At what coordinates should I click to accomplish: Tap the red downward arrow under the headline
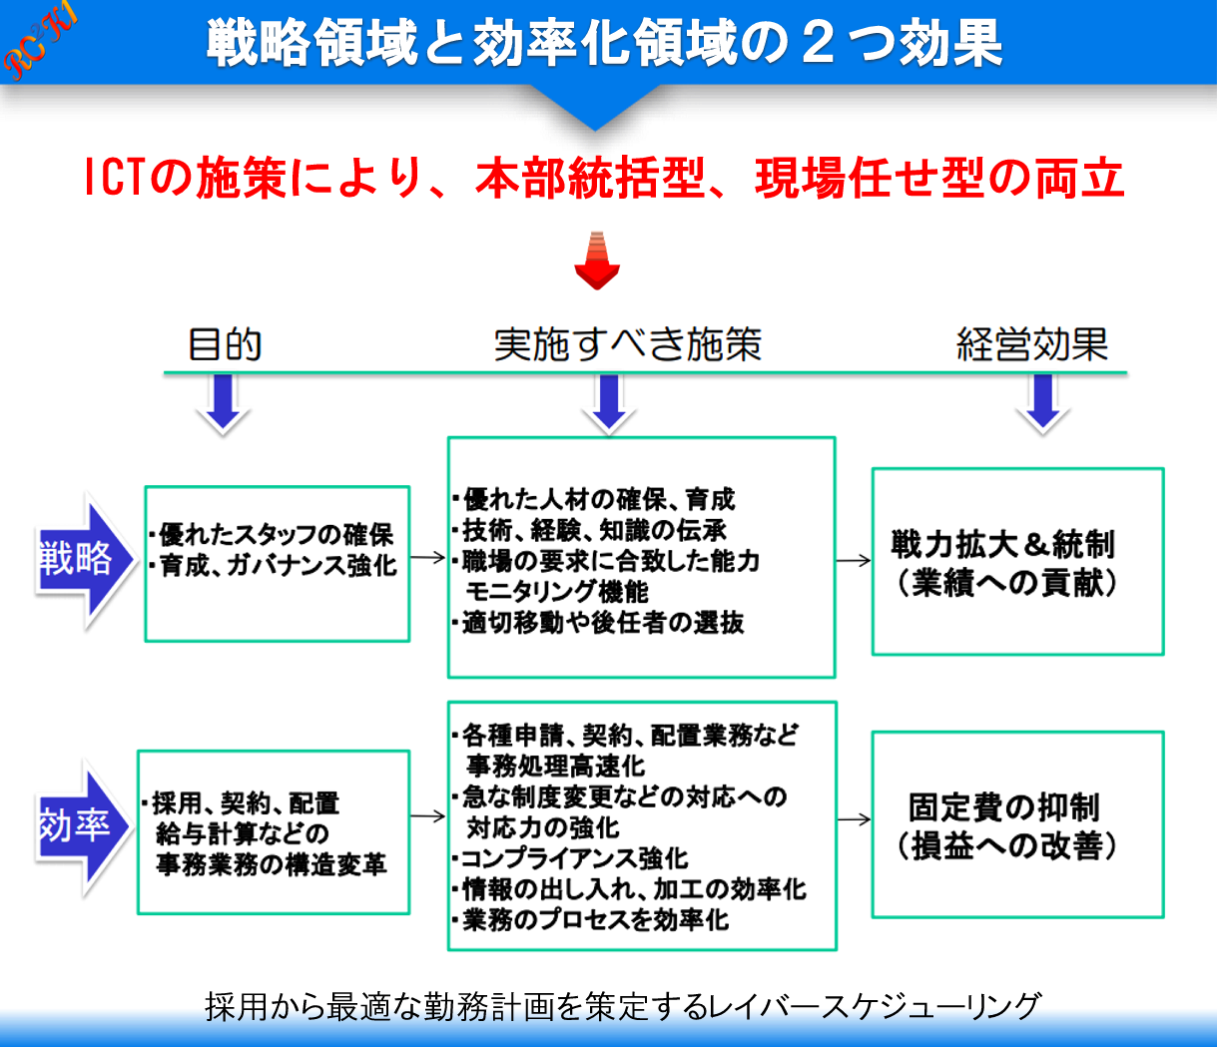tap(597, 261)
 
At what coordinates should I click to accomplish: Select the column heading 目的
tap(225, 344)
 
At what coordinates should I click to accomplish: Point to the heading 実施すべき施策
tap(628, 344)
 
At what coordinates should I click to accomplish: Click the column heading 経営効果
tap(1032, 344)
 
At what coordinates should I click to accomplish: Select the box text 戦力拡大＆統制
tap(1002, 545)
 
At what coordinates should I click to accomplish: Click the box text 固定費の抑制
tap(1004, 806)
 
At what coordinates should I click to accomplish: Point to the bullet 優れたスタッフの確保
tap(276, 535)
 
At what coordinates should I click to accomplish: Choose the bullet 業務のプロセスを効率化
tap(595, 919)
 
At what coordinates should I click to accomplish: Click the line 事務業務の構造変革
tap(271, 864)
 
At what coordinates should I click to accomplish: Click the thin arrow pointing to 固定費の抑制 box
tap(854, 819)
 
